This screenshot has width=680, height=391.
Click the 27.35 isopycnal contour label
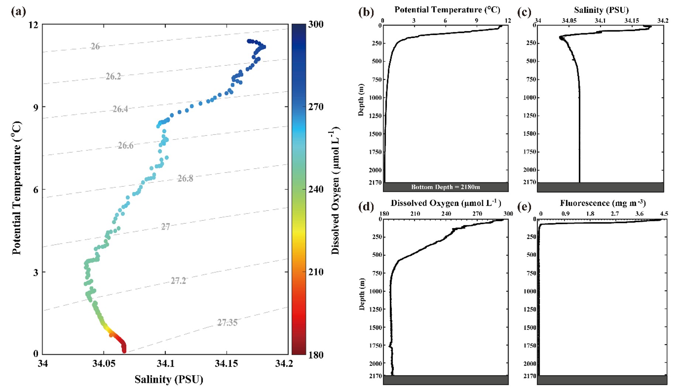[x=227, y=322]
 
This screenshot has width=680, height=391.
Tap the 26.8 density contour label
[x=185, y=178]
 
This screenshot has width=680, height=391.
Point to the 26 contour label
[x=95, y=46]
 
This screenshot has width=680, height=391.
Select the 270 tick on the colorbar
[x=316, y=107]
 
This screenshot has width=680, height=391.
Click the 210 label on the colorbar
[x=316, y=272]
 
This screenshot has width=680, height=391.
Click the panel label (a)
[x=18, y=11]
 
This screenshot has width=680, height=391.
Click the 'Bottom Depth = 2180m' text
[x=446, y=187]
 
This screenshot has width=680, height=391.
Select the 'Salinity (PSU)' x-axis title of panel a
[x=169, y=379]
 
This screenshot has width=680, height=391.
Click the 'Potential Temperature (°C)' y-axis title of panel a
[x=17, y=188]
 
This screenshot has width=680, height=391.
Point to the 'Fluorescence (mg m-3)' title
[x=602, y=203]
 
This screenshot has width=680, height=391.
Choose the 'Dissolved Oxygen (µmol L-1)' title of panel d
[x=446, y=203]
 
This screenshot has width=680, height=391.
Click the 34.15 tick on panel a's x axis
[x=227, y=364]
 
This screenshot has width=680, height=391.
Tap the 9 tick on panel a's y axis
[x=36, y=107]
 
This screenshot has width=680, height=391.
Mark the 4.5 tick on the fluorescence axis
[x=663, y=214]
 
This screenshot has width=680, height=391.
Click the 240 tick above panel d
[x=446, y=214]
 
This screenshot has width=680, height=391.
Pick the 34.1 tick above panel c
[x=600, y=21]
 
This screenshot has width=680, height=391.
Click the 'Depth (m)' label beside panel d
[x=362, y=294]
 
